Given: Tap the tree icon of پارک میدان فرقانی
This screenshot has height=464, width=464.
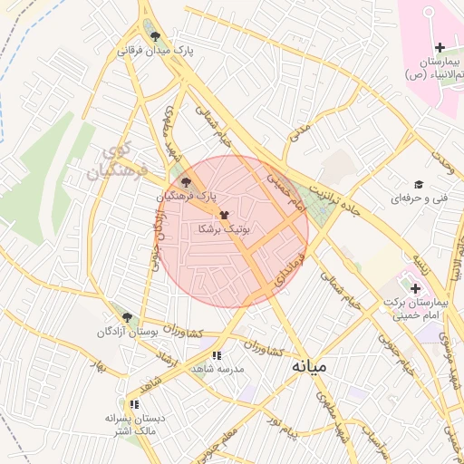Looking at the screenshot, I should tap(157, 36).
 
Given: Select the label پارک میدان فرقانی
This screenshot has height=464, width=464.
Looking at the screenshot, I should tap(157, 52).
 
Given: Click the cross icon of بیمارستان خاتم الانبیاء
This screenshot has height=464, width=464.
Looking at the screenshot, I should tap(440, 47).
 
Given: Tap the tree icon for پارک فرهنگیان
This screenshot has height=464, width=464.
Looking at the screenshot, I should tap(187, 182).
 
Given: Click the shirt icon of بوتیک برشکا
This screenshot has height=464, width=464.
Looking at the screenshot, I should tap(224, 215).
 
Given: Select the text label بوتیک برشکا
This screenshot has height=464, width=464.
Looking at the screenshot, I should tap(224, 230).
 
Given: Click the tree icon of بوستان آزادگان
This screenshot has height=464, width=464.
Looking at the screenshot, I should tap(127, 317).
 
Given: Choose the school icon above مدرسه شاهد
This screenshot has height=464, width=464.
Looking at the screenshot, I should tap(216, 355).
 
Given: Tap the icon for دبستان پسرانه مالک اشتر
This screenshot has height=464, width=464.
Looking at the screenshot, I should tap(133, 403).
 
